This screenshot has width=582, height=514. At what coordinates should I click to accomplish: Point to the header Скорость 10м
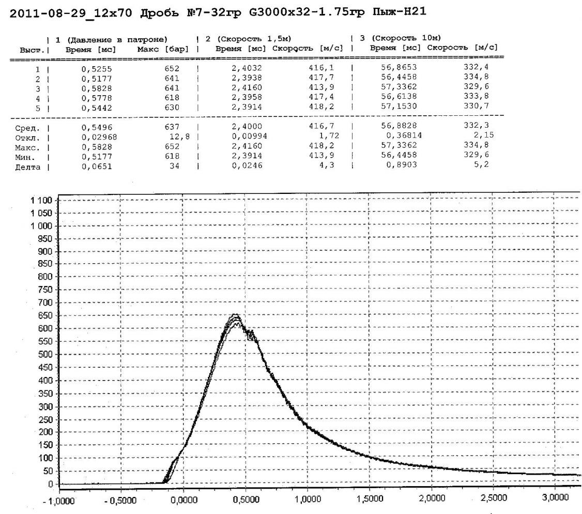coord(405,38)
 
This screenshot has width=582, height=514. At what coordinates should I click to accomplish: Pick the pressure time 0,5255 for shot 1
coord(98,68)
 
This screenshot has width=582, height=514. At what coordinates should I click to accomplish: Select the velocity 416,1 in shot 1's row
coord(318,68)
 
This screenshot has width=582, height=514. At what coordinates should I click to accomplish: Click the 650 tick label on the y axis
coord(48,315)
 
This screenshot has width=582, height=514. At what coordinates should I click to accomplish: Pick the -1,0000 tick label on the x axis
coord(61,501)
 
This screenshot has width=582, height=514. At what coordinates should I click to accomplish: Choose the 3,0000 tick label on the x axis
coord(553,499)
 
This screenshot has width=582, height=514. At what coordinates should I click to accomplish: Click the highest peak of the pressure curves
coord(235,314)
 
